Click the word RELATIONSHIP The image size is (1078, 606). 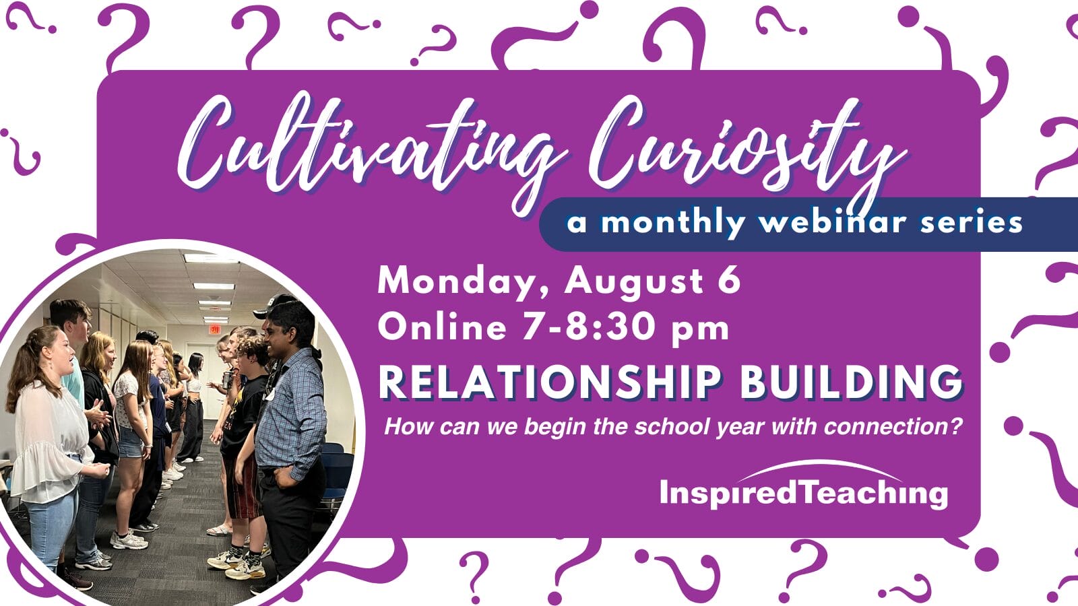point(550,382)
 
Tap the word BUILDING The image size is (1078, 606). point(851,382)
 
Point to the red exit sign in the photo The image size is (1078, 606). point(215,329)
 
